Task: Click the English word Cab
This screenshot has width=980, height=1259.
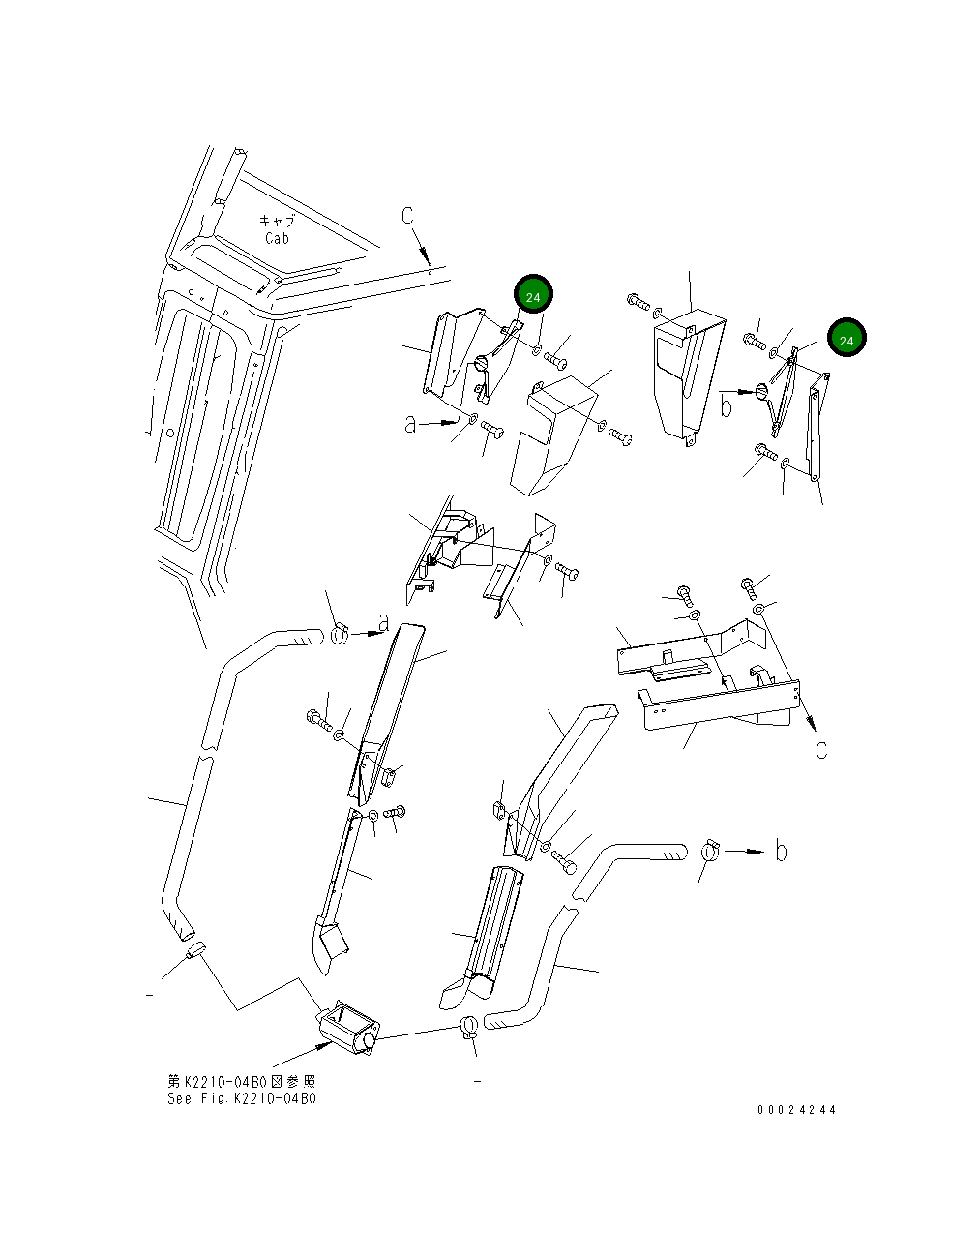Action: [x=277, y=238]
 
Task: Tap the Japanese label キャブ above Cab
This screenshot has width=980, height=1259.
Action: [x=277, y=221]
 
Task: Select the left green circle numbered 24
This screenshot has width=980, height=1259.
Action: [x=533, y=295]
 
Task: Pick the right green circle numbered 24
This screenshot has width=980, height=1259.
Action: [x=846, y=339]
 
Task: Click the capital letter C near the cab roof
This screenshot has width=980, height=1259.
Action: [x=408, y=215]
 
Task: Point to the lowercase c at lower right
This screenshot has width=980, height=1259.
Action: [x=821, y=750]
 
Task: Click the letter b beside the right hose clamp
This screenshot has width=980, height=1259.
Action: [x=781, y=852]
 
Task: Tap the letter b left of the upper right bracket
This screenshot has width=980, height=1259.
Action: [x=726, y=405]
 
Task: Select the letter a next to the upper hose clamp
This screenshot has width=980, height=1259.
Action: [x=383, y=622]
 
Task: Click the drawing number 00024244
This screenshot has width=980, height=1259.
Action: [x=796, y=1110]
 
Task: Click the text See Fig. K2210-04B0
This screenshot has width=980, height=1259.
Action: [x=242, y=1098]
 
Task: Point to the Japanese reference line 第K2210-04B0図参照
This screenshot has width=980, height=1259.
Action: [x=242, y=1081]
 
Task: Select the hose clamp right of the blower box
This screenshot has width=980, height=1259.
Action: [x=469, y=1026]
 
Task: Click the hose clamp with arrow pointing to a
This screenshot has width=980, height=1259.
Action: [x=341, y=636]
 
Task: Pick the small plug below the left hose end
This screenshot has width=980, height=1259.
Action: [x=194, y=949]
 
